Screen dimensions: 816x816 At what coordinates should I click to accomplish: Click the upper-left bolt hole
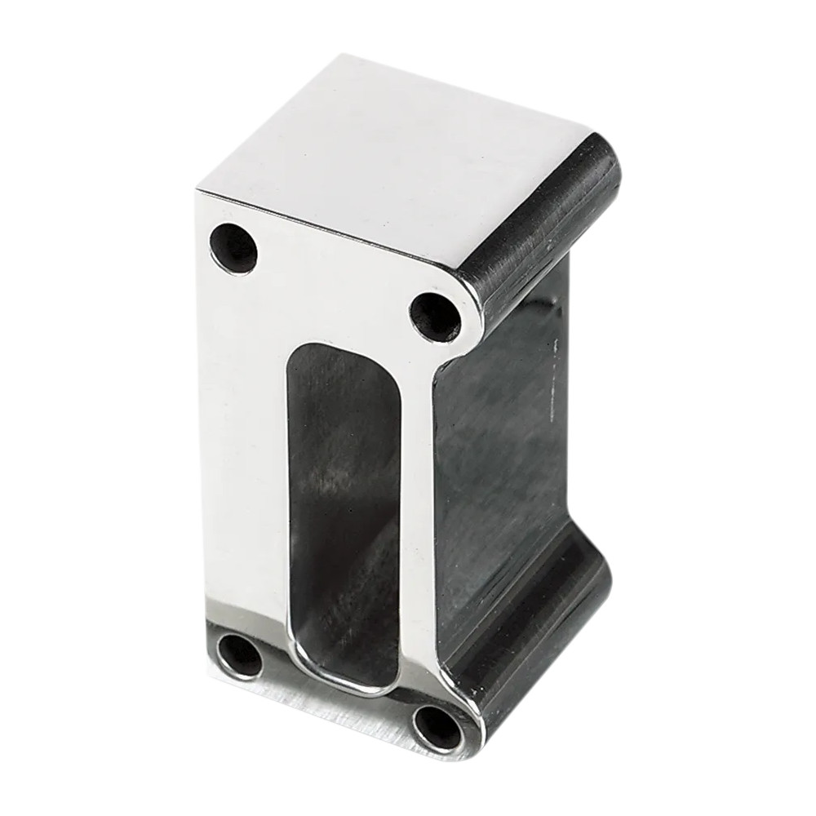(x=233, y=247)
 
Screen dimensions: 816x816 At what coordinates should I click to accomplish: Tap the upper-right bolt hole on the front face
(x=434, y=315)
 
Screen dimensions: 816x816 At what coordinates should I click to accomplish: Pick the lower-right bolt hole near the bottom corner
(x=437, y=725)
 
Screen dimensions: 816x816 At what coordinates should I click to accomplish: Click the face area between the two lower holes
(x=335, y=702)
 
